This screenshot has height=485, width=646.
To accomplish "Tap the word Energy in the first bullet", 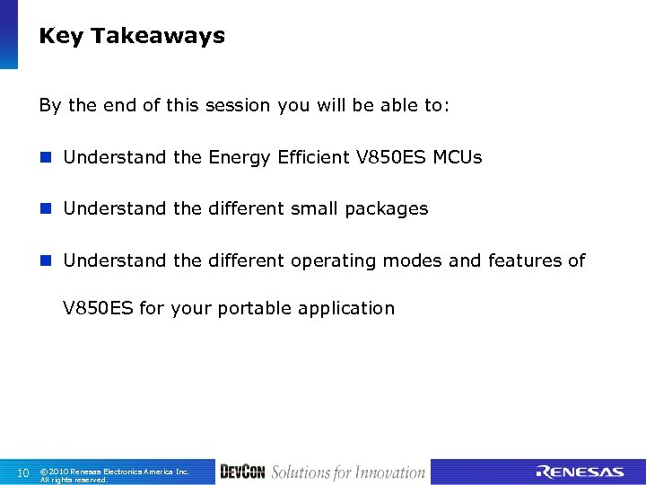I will coord(238,158).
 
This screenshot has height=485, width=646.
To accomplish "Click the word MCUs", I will coord(458,157).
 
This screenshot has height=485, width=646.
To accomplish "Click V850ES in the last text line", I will coord(98,308).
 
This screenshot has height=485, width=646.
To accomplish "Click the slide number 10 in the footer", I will coord(23,472).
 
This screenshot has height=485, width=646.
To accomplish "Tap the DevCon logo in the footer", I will coord(242,472).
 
